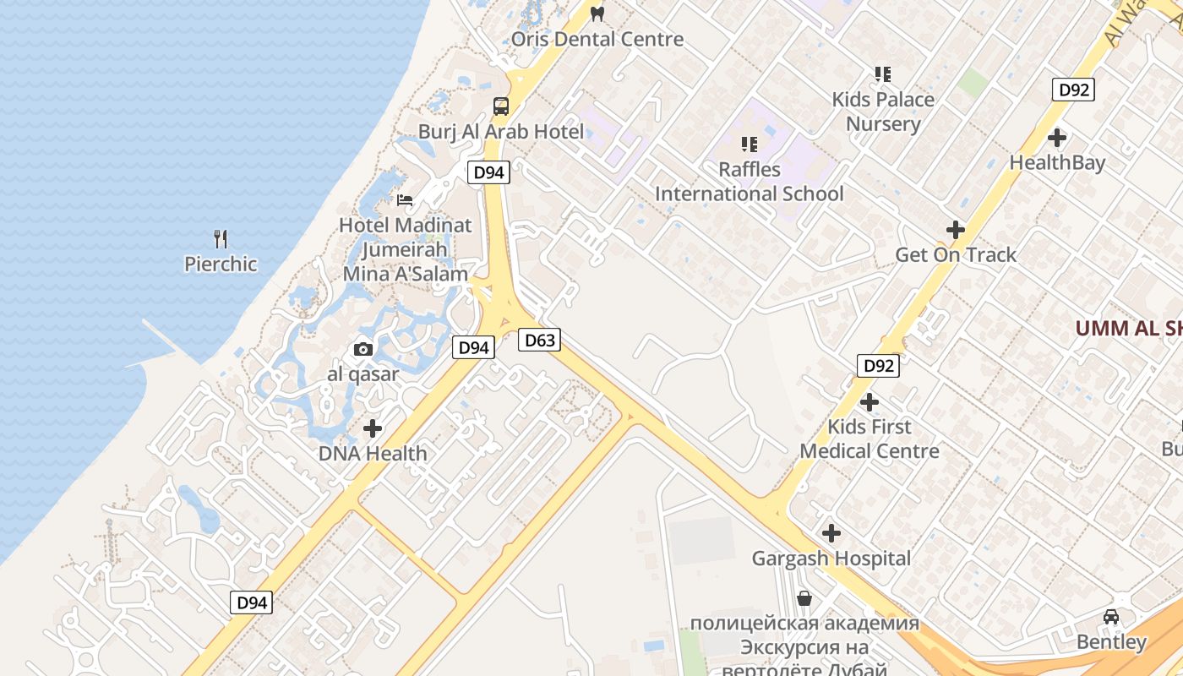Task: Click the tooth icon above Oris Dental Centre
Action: (x=597, y=14)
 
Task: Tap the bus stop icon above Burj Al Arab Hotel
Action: (x=501, y=106)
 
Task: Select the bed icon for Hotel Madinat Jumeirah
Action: (x=406, y=200)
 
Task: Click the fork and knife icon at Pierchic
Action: (x=221, y=239)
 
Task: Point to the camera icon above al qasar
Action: (x=363, y=349)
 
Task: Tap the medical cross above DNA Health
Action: (x=373, y=428)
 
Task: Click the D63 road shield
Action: (x=539, y=341)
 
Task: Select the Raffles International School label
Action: (x=749, y=182)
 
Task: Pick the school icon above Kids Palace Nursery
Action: (x=883, y=74)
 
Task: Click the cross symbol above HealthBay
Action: (x=1057, y=138)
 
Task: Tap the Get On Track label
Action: (x=956, y=254)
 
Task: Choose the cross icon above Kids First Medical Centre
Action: (x=870, y=402)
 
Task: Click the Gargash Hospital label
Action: (x=831, y=559)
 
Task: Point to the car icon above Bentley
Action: (x=1111, y=617)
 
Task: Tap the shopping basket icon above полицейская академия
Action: (x=804, y=599)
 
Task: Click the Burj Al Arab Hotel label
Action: (x=501, y=132)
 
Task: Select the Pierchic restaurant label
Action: (x=221, y=264)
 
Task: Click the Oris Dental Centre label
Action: (x=597, y=39)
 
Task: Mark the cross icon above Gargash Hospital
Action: (x=831, y=533)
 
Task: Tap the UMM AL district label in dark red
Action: (x=1128, y=328)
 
